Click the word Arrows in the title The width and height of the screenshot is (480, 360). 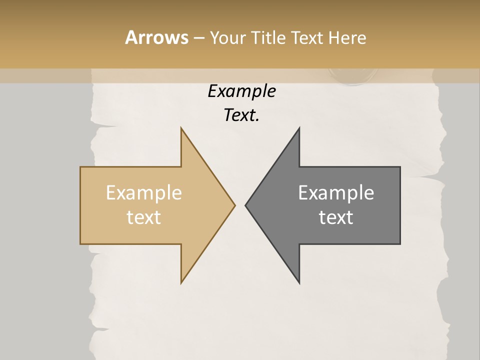click(x=156, y=37)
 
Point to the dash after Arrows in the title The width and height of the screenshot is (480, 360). click(x=198, y=38)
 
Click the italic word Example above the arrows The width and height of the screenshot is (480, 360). click(x=241, y=91)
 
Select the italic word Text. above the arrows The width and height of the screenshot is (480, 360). click(x=241, y=115)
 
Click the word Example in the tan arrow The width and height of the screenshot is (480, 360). click(x=144, y=192)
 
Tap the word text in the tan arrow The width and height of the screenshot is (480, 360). click(x=144, y=217)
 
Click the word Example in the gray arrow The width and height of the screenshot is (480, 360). click(x=336, y=192)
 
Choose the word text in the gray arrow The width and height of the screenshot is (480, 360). click(x=336, y=217)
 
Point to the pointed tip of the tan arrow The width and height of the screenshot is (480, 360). click(x=234, y=205)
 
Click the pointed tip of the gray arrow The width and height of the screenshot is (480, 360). click(x=245, y=205)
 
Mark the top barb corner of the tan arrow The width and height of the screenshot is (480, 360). click(x=181, y=128)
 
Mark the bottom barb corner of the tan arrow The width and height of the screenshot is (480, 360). click(x=181, y=283)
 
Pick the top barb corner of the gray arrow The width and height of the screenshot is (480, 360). click(x=299, y=128)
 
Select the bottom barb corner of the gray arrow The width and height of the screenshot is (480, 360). click(x=299, y=283)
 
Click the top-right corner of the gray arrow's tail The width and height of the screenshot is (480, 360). click(x=400, y=167)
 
